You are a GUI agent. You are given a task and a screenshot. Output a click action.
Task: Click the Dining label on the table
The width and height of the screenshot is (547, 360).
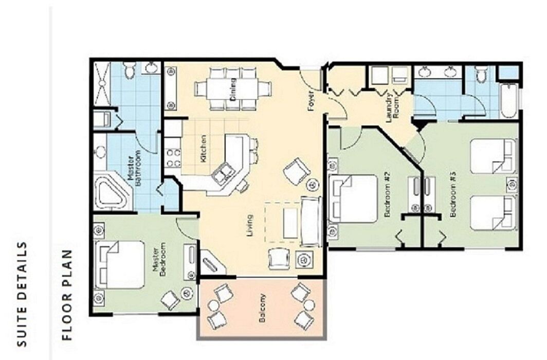click(233, 88)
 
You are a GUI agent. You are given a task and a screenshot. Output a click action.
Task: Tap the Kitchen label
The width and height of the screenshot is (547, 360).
click(204, 148)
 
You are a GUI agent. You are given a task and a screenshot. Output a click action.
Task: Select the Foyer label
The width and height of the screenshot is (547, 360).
click(311, 101)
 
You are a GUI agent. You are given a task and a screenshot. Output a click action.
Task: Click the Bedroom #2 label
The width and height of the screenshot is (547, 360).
click(387, 194)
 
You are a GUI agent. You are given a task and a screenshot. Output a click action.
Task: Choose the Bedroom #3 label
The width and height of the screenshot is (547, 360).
click(453, 194)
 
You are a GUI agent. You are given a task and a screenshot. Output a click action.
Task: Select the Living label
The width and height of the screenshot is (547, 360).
click(250, 225)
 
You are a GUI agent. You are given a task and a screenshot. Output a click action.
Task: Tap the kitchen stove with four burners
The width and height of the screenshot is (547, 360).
click(173, 157)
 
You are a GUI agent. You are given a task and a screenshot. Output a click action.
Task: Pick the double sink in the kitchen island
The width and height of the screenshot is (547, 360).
click(224, 173)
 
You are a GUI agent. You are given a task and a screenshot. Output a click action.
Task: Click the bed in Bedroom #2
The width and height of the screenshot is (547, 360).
click(353, 199)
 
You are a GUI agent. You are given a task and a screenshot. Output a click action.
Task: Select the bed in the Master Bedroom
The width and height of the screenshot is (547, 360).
click(119, 265)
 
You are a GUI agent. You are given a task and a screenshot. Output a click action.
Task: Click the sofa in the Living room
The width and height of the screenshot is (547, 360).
click(311, 222)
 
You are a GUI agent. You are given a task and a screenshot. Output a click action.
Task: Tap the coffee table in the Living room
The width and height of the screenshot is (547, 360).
click(290, 223)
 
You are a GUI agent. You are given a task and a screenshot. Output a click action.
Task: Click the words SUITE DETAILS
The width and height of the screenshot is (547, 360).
click(22, 294)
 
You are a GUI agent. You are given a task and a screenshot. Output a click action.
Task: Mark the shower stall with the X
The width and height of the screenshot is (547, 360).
click(101, 84)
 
